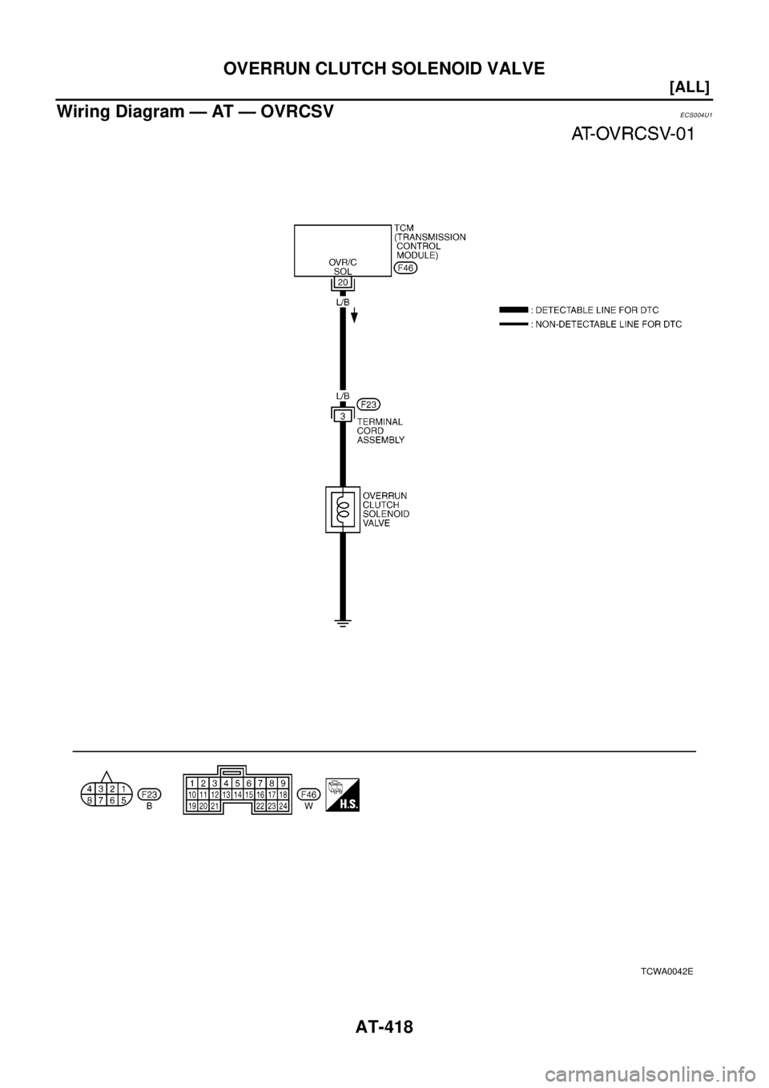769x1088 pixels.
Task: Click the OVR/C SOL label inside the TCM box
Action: tap(342, 266)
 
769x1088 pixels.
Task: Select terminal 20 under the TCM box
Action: tap(342, 283)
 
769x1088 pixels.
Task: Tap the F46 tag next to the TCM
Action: tap(405, 268)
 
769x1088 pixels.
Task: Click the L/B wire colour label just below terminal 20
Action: tap(342, 304)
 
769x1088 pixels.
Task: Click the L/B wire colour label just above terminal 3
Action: tap(342, 397)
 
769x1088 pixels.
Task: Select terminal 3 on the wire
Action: tap(342, 415)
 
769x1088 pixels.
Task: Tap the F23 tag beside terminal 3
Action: tap(368, 403)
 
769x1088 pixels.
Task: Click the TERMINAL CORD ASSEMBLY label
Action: tap(380, 430)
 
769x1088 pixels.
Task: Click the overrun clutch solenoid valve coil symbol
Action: tap(342, 509)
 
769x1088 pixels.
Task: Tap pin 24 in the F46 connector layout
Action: tap(283, 806)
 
